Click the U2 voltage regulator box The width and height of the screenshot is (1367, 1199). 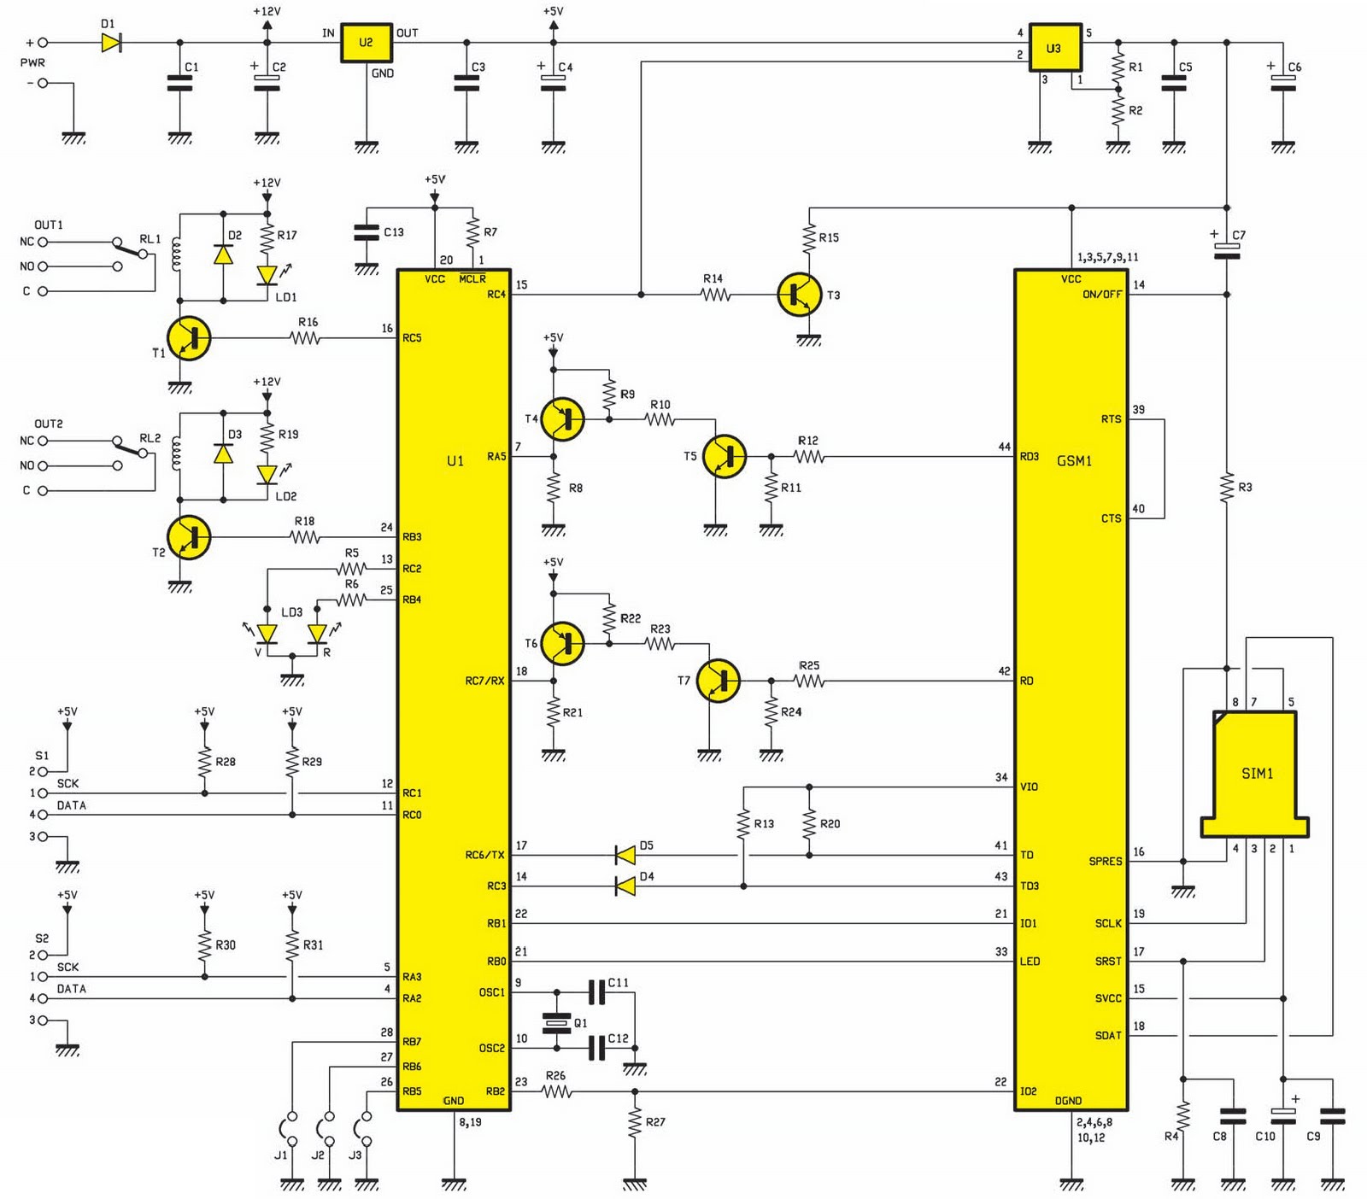click(x=367, y=43)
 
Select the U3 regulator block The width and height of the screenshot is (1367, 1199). click(x=1055, y=48)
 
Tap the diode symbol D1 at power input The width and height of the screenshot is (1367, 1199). click(x=111, y=42)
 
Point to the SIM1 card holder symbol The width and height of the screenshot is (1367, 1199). click(x=1255, y=774)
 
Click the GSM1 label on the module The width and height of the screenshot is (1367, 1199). click(x=1074, y=461)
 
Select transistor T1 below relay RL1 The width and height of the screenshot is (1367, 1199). click(x=189, y=338)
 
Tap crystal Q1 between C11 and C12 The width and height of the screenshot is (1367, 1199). click(x=557, y=1022)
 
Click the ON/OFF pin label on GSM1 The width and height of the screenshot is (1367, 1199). click(x=1101, y=295)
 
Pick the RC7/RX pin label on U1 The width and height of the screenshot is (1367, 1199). click(x=484, y=681)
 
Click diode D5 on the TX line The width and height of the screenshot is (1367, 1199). click(x=625, y=855)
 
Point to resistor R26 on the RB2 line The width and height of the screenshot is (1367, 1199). click(x=556, y=1091)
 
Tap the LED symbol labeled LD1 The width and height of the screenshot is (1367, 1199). click(x=267, y=275)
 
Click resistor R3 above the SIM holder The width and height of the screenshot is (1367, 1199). click(x=1227, y=487)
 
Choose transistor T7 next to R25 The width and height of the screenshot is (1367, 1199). click(x=719, y=681)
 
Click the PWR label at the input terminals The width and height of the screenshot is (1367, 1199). click(x=32, y=62)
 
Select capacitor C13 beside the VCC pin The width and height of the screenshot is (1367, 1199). click(x=367, y=232)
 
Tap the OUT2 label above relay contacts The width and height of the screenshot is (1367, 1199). click(x=49, y=424)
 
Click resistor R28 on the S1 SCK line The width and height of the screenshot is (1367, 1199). click(x=204, y=762)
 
